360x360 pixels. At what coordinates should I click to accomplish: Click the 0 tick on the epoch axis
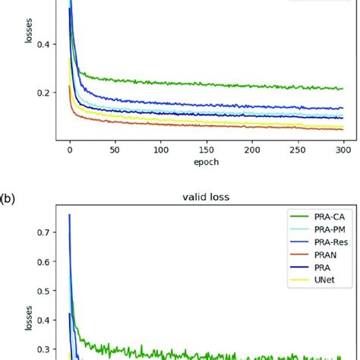tap(70, 151)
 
